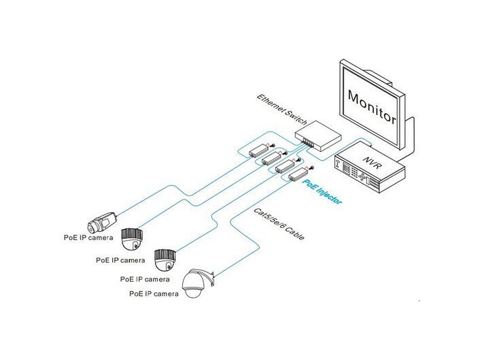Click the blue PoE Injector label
coord(322,192)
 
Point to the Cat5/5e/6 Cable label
coord(279,224)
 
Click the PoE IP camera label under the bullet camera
coord(88,237)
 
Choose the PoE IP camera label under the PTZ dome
coord(154,294)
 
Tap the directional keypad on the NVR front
coord(363,176)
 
